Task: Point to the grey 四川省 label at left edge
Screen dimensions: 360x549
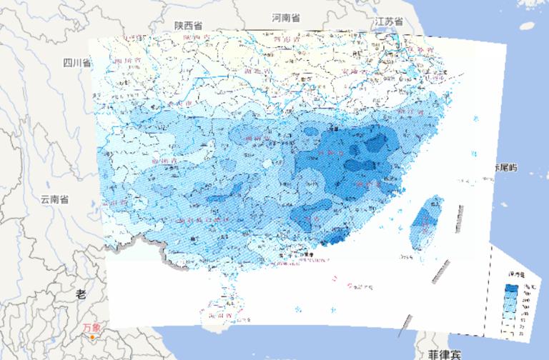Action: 76,62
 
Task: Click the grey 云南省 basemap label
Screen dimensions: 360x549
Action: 54,199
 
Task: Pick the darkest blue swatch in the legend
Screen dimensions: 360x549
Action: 513,288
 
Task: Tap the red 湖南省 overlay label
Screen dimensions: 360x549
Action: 257,137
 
